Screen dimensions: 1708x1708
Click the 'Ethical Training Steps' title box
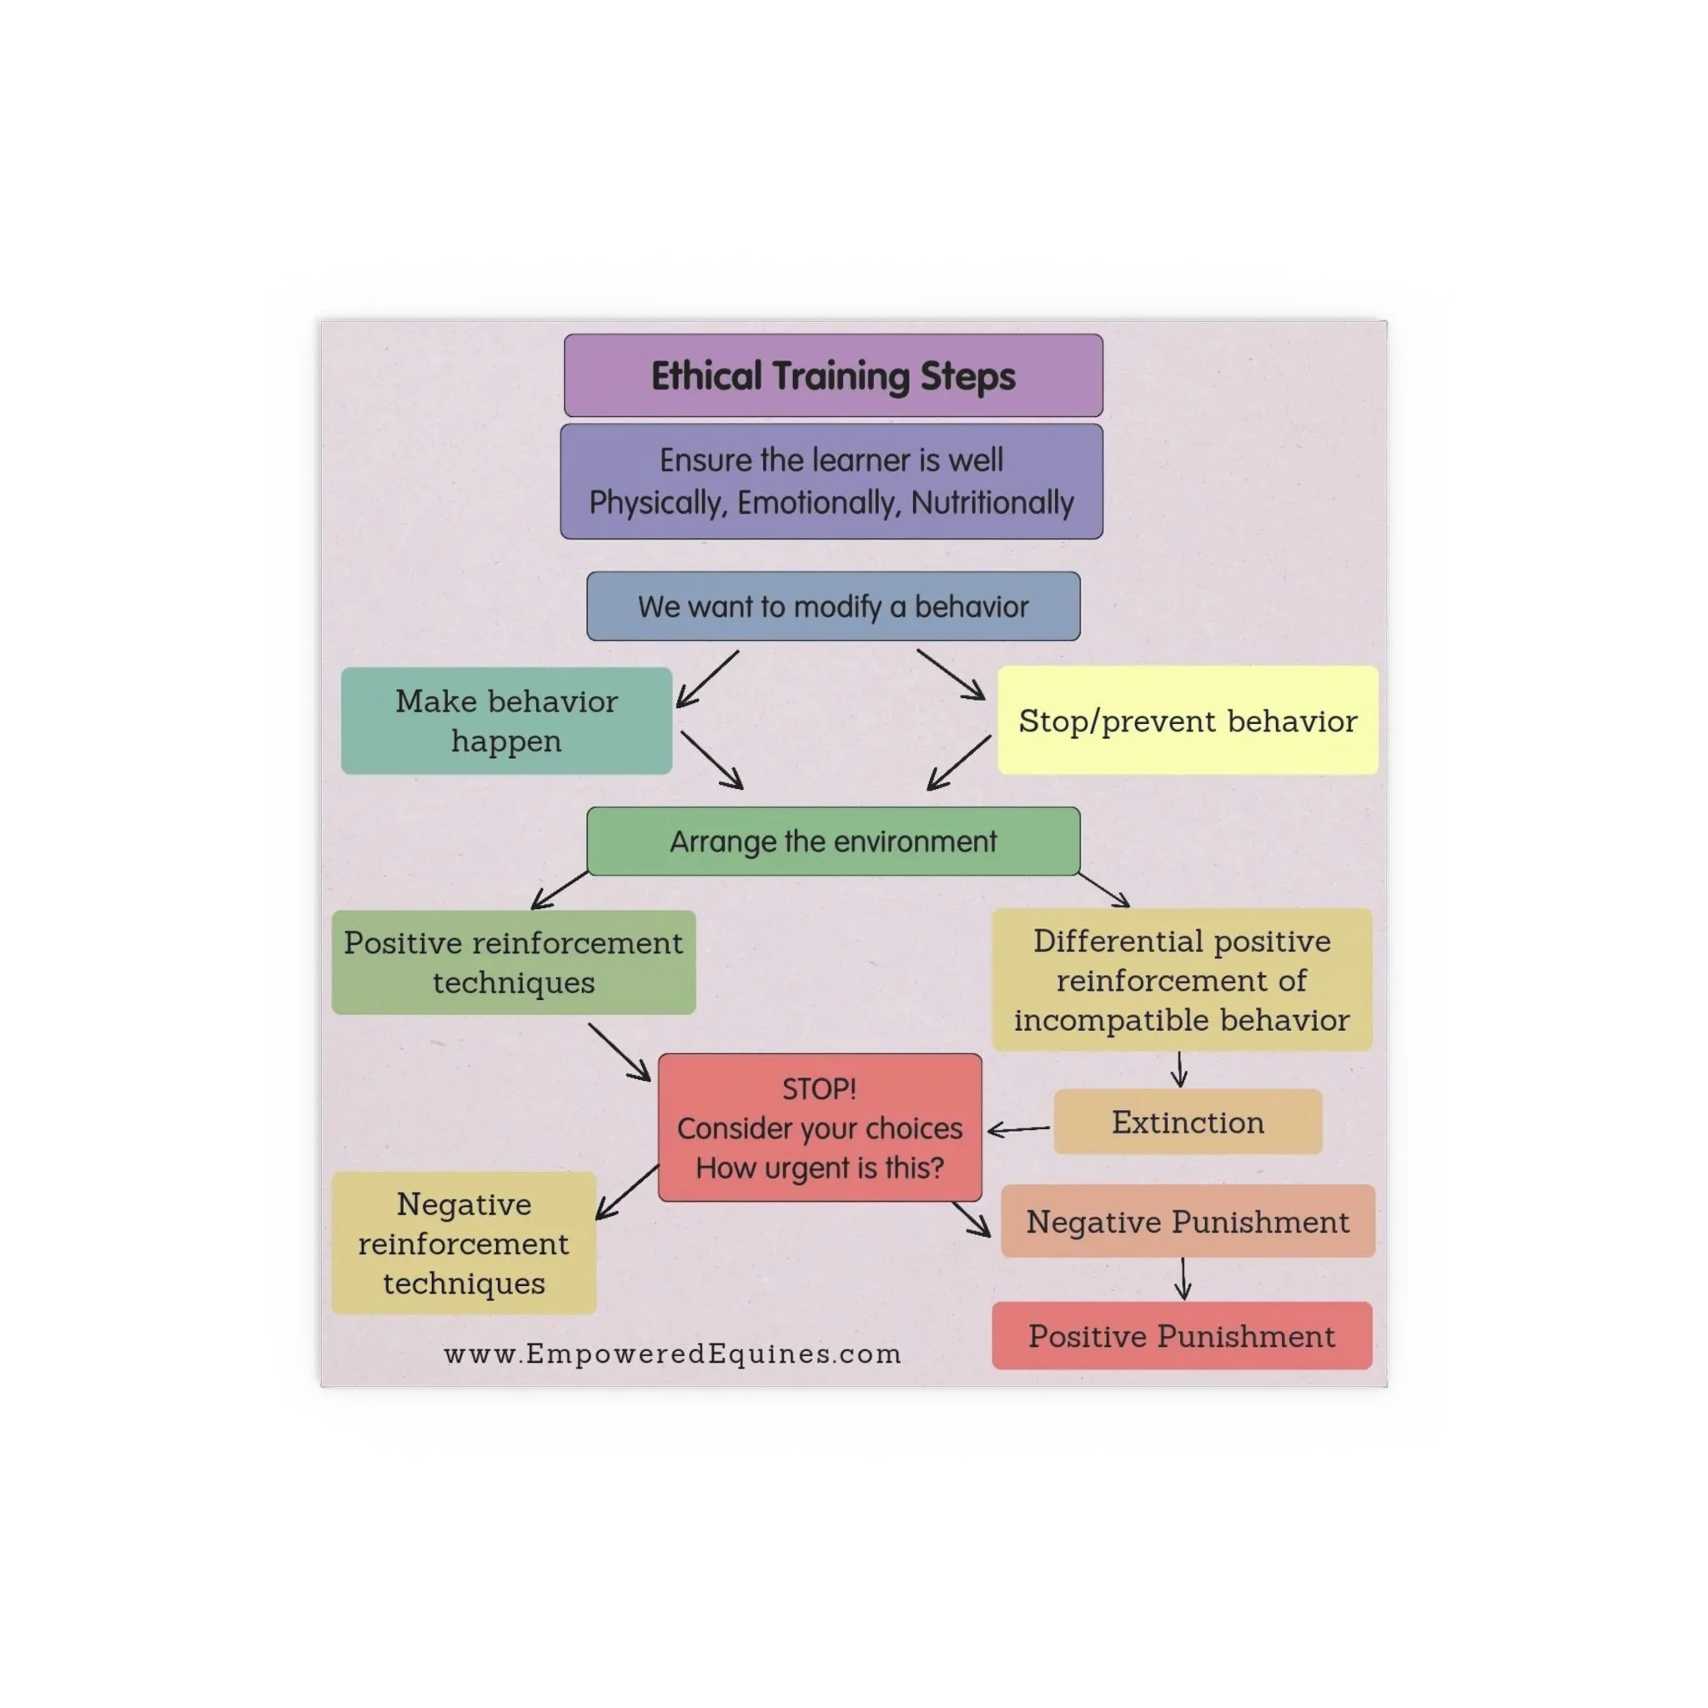[x=833, y=376]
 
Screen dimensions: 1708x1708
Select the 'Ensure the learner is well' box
[x=831, y=481]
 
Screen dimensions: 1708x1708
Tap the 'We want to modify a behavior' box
[x=833, y=606]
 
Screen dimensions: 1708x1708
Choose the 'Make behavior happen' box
[x=506, y=721]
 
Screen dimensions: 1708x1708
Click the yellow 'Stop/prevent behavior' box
[x=1188, y=721]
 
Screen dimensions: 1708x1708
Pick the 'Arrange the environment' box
[x=833, y=841]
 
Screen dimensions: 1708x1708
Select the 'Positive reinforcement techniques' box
[x=514, y=962]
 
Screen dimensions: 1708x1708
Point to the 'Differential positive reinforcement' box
[x=1182, y=980]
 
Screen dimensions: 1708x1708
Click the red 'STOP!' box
[x=820, y=1128]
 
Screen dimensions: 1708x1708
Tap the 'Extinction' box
[x=1188, y=1122]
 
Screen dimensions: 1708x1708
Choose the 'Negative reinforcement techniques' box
[x=465, y=1243]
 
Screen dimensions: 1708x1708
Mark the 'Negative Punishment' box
[x=1188, y=1221]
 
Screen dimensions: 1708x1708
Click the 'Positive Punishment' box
[x=1181, y=1336]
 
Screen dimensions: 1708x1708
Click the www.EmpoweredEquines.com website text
[x=673, y=1354]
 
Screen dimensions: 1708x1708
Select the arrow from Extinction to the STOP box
[x=1018, y=1129]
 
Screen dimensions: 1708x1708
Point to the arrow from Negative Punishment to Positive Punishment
[x=1183, y=1278]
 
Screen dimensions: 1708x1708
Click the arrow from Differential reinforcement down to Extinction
[x=1179, y=1069]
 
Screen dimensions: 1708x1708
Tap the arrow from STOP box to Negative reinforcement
[x=627, y=1192]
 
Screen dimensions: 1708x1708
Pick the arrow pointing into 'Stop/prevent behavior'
[x=951, y=675]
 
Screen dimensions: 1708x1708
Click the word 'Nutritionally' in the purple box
[x=992, y=502]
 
